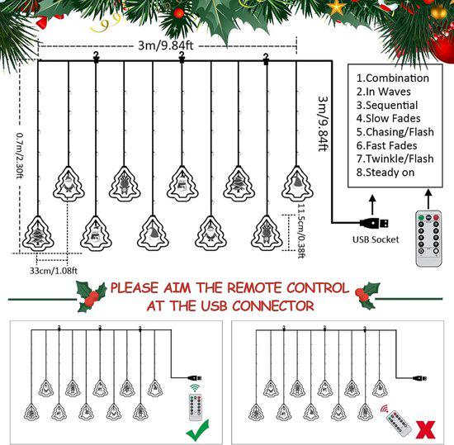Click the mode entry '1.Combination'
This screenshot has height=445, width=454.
pos(393,78)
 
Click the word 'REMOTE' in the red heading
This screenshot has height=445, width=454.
pos(234,288)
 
